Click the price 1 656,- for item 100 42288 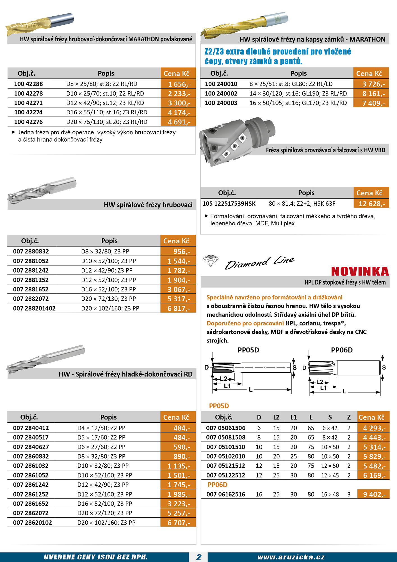(x=179, y=84)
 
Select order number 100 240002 (x=221, y=94)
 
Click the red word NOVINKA (x=360, y=271)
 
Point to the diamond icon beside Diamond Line (x=211, y=261)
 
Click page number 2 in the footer (x=198, y=557)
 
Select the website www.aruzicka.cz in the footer (x=291, y=557)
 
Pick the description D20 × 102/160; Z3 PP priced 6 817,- (x=110, y=308)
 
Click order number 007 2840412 (x=31, y=428)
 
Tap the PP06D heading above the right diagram (x=342, y=350)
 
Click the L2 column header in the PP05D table (x=276, y=417)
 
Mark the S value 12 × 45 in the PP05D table (x=330, y=475)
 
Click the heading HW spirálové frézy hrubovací (x=148, y=205)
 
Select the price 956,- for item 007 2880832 (x=181, y=251)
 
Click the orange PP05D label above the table (x=219, y=406)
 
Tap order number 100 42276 (x=28, y=122)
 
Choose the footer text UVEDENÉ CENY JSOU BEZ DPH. (x=95, y=557)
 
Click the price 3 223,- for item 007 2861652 (x=179, y=504)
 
